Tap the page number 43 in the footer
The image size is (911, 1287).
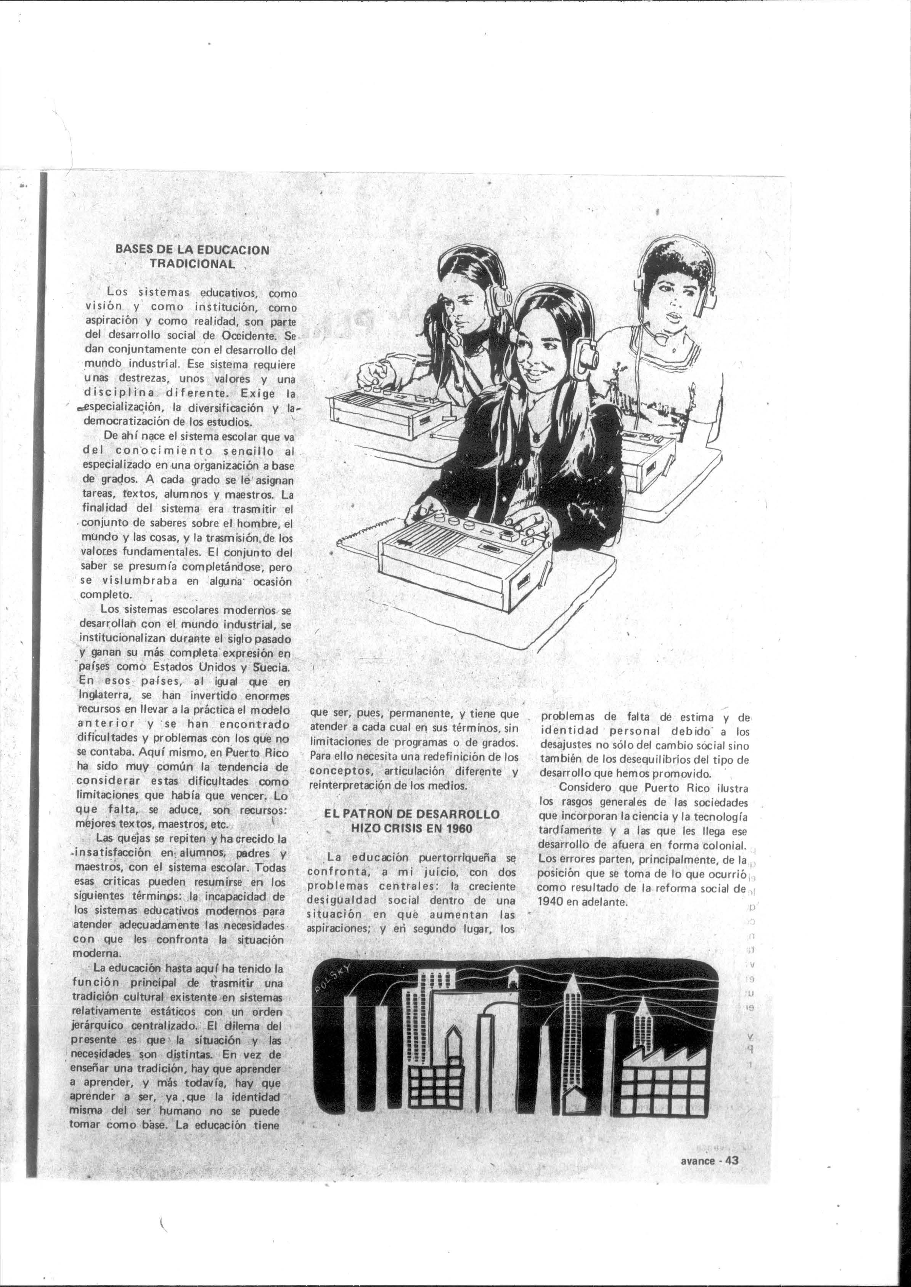point(732,1145)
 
